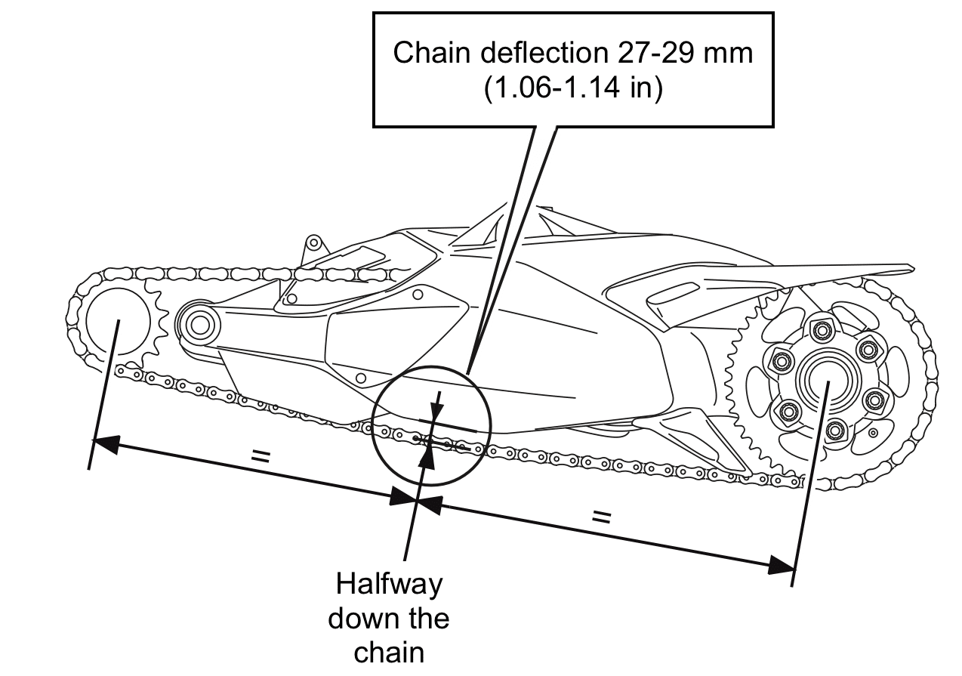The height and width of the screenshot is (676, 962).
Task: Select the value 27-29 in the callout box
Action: [655, 54]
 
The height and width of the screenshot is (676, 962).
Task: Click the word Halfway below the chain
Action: [389, 584]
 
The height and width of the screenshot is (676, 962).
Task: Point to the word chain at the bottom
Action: [389, 653]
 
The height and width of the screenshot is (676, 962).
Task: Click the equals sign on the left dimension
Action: [261, 456]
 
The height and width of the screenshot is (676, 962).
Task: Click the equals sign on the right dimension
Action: [601, 517]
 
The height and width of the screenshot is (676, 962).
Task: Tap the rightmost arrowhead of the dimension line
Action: [781, 565]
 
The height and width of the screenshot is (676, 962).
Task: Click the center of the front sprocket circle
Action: [118, 321]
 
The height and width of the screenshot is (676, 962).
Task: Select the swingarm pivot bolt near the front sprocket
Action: [199, 326]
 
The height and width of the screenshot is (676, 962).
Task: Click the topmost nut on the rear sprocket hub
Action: [822, 330]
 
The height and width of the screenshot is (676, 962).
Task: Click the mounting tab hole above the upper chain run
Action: [314, 243]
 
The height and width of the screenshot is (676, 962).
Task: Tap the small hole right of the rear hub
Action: [873, 433]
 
